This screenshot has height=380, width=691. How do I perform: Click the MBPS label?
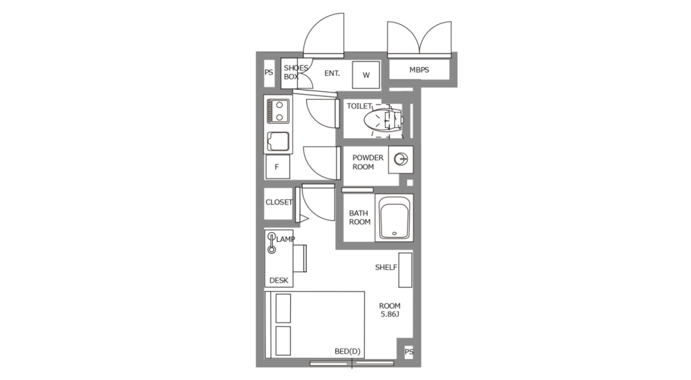419,70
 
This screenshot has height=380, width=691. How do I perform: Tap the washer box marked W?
366,75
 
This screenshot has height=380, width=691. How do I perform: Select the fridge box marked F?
277,167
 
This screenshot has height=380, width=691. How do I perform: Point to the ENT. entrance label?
332,73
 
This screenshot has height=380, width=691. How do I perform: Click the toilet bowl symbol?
382,120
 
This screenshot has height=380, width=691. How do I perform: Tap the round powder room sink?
400,160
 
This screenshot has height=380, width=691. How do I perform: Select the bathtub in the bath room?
394,218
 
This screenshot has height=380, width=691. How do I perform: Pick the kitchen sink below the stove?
279,142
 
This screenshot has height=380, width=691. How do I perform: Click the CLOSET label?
278,202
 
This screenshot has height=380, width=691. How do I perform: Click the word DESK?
278,281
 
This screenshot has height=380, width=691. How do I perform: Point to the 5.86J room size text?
390,314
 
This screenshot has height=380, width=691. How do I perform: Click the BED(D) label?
348,352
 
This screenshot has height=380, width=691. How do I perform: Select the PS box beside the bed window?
408,352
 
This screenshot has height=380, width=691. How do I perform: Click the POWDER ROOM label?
368,162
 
